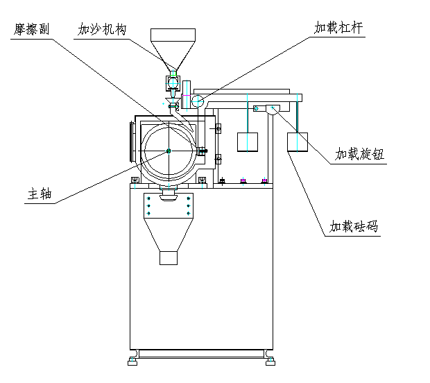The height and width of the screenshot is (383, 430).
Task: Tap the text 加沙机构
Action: [x=102, y=30]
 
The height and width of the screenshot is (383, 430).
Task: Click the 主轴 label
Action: [x=40, y=194]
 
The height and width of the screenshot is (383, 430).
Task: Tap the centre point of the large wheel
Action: [x=169, y=151]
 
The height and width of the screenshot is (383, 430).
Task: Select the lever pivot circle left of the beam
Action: [x=198, y=101]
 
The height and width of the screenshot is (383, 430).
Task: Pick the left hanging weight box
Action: [x=248, y=142]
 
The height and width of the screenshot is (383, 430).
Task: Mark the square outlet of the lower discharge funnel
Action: [x=170, y=257]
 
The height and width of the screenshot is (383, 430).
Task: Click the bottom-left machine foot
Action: [x=132, y=360]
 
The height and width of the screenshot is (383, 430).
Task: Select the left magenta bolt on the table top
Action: [x=243, y=181]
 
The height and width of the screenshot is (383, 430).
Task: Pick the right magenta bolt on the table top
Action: [x=264, y=181]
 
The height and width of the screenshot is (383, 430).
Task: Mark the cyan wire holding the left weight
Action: [x=248, y=111]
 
